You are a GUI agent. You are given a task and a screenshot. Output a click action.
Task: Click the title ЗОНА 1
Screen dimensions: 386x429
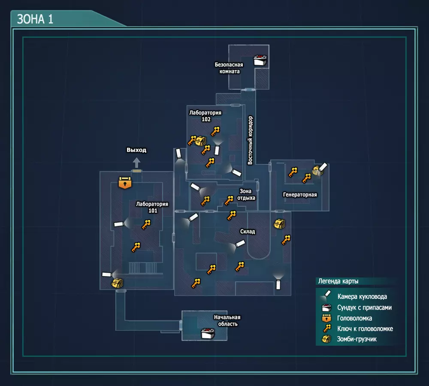click(x=35, y=19)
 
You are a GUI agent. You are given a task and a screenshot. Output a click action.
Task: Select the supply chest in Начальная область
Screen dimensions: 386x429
click(x=208, y=333)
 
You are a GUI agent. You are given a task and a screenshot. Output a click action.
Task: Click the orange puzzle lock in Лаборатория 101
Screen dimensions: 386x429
click(x=125, y=182)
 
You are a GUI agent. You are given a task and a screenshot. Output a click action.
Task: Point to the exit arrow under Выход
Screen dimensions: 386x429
click(x=136, y=163)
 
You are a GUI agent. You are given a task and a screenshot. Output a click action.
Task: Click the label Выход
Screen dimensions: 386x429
click(x=136, y=150)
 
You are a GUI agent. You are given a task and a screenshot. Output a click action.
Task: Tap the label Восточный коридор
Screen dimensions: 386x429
click(x=251, y=140)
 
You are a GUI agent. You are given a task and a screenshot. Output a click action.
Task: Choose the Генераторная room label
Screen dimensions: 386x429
click(x=300, y=195)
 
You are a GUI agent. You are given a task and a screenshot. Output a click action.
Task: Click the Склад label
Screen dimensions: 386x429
click(x=248, y=232)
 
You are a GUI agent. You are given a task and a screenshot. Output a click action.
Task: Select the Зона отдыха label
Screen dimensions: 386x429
click(x=246, y=195)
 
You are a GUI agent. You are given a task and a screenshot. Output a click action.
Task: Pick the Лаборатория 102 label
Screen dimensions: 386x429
click(x=205, y=116)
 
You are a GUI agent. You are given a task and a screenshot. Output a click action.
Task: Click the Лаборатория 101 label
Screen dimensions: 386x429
click(x=152, y=207)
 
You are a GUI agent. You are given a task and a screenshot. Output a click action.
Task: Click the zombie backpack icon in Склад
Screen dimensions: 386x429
click(x=279, y=223)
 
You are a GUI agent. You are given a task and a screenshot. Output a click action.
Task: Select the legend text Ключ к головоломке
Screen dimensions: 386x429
click(x=365, y=329)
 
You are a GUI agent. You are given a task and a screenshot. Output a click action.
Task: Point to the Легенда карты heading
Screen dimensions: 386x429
click(x=338, y=282)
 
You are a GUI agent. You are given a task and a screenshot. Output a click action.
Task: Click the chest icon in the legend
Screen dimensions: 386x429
click(x=327, y=307)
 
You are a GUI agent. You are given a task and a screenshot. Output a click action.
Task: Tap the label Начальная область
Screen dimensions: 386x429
click(x=227, y=320)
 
